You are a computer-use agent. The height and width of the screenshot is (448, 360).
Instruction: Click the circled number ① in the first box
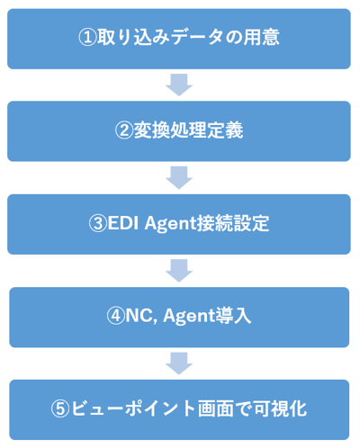click(x=87, y=38)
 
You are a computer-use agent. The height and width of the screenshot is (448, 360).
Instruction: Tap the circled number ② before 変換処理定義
click(x=124, y=130)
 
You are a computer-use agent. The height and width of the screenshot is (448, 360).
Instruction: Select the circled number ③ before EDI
click(x=98, y=224)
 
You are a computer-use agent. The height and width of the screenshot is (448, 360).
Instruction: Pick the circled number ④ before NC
click(x=116, y=316)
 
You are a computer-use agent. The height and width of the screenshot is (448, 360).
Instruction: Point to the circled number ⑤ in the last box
click(x=60, y=409)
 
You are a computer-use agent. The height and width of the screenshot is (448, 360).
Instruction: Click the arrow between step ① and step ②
click(x=179, y=85)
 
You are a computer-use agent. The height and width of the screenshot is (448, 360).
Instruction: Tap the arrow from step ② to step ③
click(x=179, y=178)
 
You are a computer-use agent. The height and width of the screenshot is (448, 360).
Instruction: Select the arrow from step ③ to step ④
click(x=179, y=271)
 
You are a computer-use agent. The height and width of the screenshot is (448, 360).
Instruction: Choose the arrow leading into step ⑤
click(x=179, y=363)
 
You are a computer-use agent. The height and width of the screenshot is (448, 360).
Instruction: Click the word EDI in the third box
click(x=123, y=223)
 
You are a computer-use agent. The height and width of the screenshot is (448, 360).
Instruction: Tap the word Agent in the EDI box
click(x=170, y=224)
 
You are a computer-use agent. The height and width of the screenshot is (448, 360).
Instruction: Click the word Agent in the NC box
click(x=189, y=317)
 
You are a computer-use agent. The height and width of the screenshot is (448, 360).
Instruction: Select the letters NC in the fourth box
click(x=139, y=316)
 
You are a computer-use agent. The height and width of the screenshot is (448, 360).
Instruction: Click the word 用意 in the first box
click(x=261, y=38)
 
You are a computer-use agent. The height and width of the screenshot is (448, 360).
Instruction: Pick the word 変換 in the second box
click(x=151, y=130)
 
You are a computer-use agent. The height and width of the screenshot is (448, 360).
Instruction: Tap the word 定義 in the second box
click(x=225, y=130)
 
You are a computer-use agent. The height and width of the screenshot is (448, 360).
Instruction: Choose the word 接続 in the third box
click(x=214, y=223)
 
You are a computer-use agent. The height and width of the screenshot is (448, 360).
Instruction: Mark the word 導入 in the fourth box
click(x=233, y=316)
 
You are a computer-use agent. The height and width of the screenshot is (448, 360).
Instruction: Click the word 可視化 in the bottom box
click(x=280, y=408)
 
